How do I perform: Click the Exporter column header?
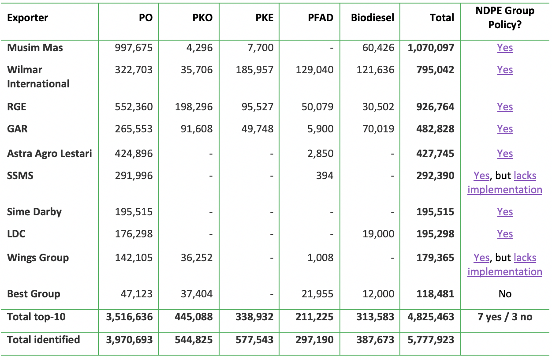coord(28,18)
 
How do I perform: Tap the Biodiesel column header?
coord(373,18)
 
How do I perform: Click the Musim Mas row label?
coord(35,48)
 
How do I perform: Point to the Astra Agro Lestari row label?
coord(49,154)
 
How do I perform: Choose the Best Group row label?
coord(34,294)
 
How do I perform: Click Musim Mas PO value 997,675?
coord(131,48)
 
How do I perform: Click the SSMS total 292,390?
coord(435,176)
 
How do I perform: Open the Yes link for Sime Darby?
coord(505,212)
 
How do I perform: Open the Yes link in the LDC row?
coord(505,234)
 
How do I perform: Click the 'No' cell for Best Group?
coord(505,294)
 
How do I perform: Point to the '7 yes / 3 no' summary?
coord(505,317)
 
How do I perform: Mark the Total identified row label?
coord(43,340)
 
